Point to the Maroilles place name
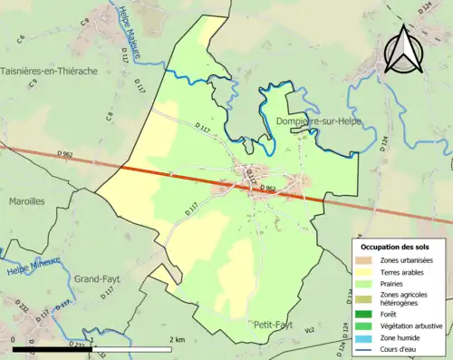(28, 201)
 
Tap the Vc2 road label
(308, 330)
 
